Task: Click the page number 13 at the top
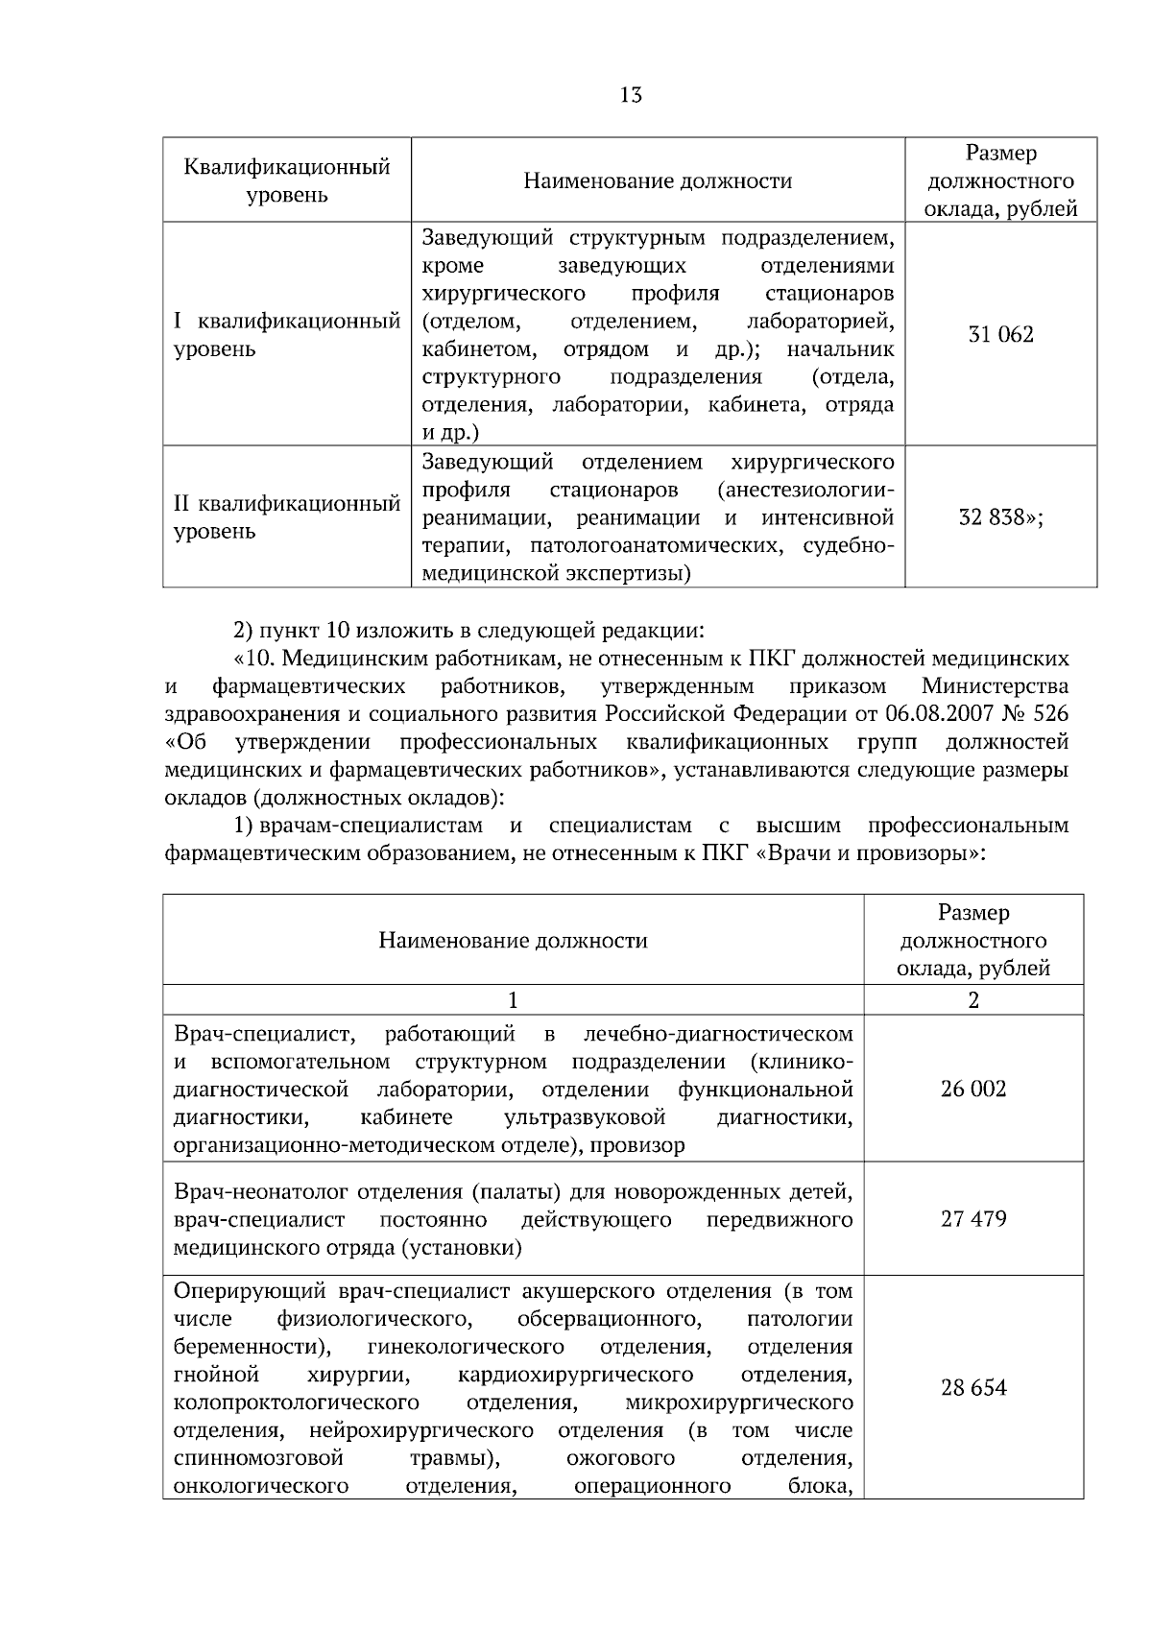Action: (631, 95)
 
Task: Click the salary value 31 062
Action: (1000, 334)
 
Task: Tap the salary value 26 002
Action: (973, 1089)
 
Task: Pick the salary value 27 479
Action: (973, 1219)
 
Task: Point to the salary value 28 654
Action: (973, 1388)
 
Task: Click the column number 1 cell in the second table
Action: (513, 1000)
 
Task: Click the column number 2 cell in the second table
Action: (973, 1000)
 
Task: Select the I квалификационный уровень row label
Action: (286, 335)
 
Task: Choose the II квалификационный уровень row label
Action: (286, 517)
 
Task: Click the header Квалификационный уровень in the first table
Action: (286, 180)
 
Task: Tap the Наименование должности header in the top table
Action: (658, 180)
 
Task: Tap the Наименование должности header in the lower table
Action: (513, 941)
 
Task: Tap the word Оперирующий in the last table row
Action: (252, 1290)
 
